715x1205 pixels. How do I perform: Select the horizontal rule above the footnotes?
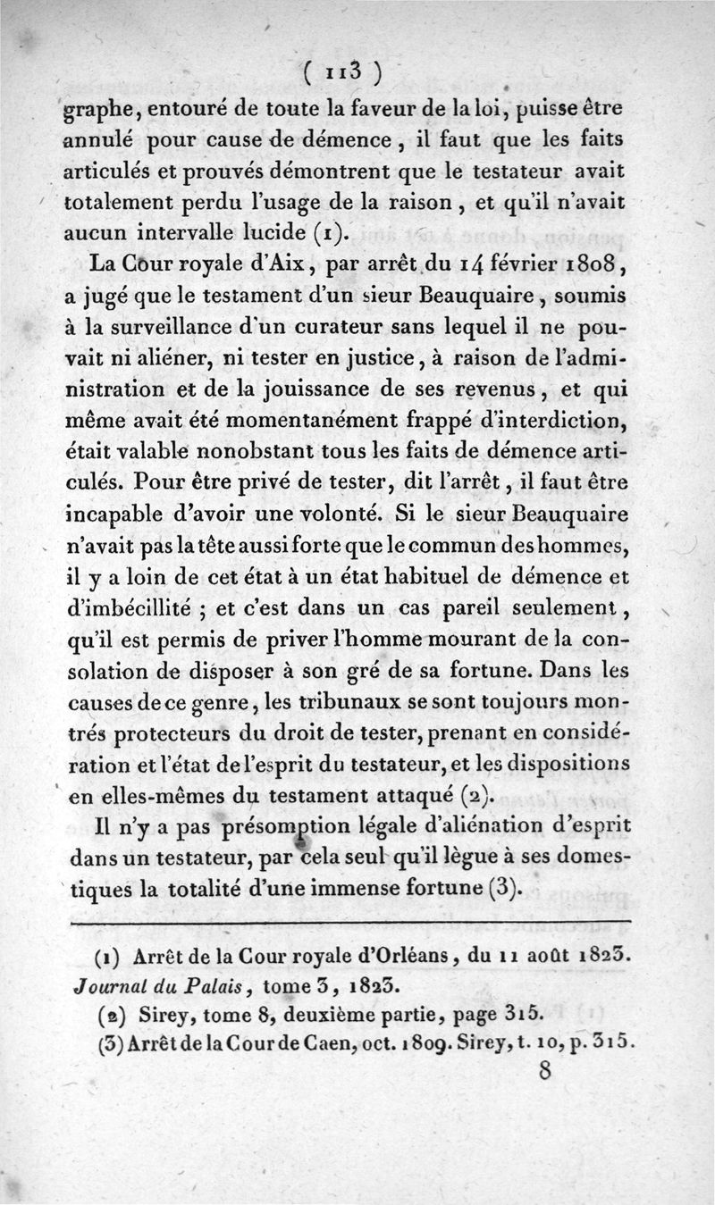pos(349,920)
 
